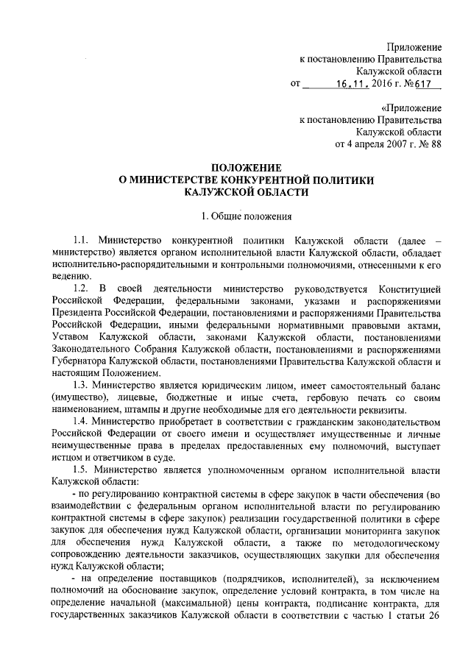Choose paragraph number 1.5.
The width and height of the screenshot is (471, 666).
click(81, 468)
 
